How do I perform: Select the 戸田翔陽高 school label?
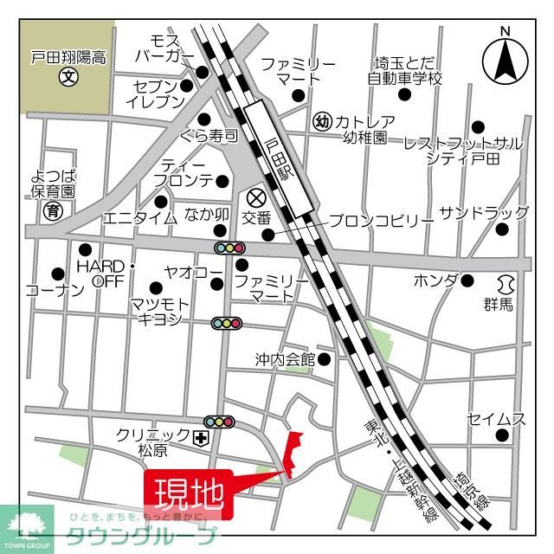68,59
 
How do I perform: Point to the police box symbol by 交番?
254,196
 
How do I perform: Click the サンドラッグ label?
484,213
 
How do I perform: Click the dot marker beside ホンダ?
467,280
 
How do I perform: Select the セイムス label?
497,419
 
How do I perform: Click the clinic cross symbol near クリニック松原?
201,439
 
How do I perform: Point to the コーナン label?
55,290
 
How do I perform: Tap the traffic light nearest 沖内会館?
227,323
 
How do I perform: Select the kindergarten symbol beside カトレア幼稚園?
322,121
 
